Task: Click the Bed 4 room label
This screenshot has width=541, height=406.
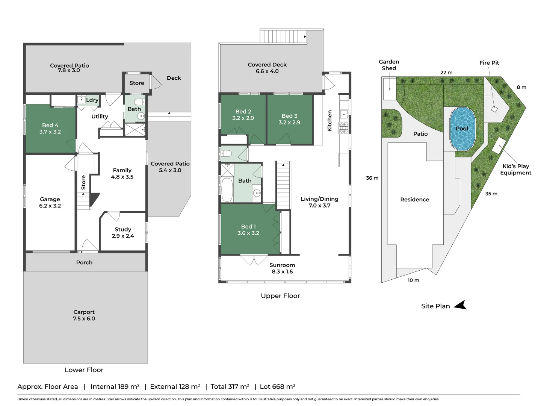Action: (x=50, y=129)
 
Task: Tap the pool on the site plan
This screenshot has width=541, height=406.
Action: (x=462, y=129)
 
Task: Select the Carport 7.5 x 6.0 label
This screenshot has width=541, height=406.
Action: (x=84, y=315)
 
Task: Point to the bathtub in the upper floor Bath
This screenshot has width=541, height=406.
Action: (x=227, y=190)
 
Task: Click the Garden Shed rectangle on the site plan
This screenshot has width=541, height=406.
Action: (x=390, y=89)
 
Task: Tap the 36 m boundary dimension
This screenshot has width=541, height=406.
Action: (x=372, y=178)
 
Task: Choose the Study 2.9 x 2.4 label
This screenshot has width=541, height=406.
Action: (x=123, y=233)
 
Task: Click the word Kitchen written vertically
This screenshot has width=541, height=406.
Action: (x=329, y=121)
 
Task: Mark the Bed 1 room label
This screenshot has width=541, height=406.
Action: (x=248, y=230)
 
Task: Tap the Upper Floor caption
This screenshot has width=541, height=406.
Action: (x=280, y=296)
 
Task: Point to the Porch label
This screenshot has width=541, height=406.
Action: (x=84, y=262)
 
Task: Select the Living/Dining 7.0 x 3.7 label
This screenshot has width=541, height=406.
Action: (x=319, y=202)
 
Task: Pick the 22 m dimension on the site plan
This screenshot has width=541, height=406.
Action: (x=446, y=73)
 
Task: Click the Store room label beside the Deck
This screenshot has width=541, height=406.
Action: (x=137, y=83)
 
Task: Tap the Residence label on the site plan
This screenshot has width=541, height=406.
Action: (x=414, y=200)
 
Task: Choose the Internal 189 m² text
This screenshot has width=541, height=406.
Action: (x=115, y=386)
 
